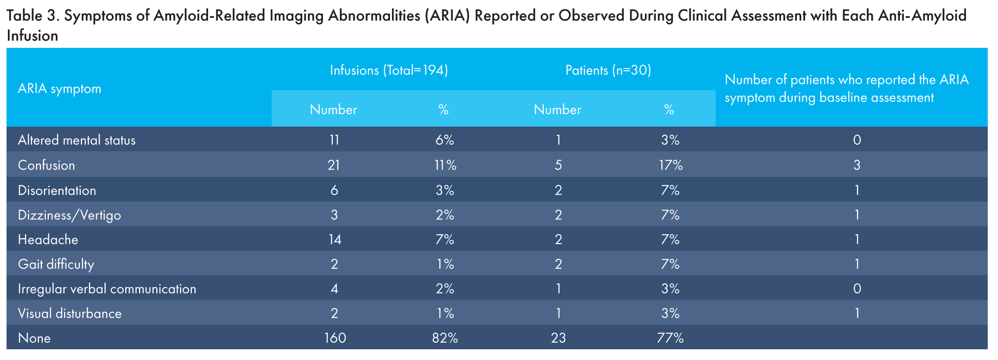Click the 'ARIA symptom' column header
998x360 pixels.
(x=60, y=89)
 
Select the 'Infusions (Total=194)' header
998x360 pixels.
(x=389, y=71)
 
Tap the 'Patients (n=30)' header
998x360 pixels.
(x=608, y=71)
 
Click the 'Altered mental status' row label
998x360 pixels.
(x=76, y=141)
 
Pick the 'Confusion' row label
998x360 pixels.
(x=46, y=165)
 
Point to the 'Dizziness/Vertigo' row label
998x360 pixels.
(x=69, y=216)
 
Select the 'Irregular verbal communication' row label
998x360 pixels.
(x=107, y=289)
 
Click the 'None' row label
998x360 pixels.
(x=34, y=338)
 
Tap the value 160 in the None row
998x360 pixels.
(x=335, y=338)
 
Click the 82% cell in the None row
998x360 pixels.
(x=444, y=338)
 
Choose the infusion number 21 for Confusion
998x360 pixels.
(x=334, y=165)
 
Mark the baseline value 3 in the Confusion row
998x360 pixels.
(x=857, y=165)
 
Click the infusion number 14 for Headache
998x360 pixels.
(x=334, y=240)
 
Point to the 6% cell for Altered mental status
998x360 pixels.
(x=444, y=141)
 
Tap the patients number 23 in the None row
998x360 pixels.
(x=558, y=338)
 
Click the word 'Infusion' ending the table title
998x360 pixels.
(x=33, y=36)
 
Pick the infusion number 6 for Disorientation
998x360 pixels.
(x=334, y=190)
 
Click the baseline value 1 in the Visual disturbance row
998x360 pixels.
(x=857, y=314)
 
